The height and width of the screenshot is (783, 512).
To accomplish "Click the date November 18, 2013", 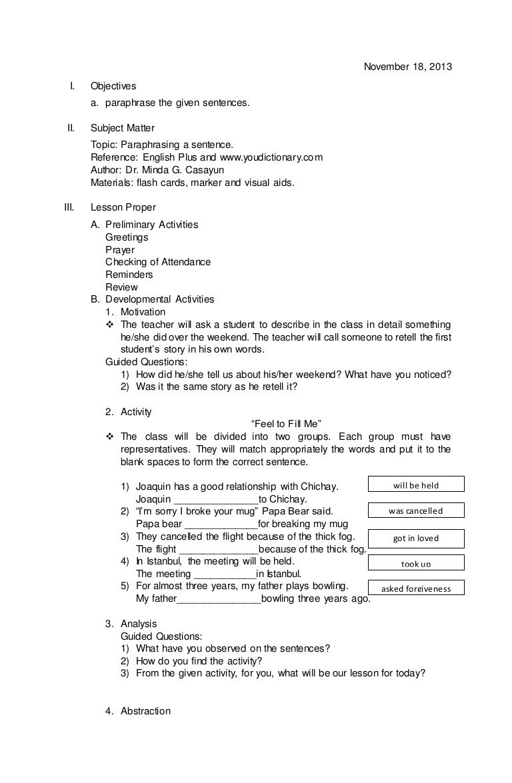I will [x=407, y=67].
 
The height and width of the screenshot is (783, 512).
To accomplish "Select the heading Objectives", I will [x=113, y=86].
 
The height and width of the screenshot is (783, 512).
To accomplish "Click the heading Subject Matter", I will [x=123, y=128].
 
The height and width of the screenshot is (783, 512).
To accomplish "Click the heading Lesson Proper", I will [x=123, y=207].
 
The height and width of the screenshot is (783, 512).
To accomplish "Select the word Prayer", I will [x=120, y=250].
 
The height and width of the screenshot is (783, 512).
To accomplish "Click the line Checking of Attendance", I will [x=158, y=262].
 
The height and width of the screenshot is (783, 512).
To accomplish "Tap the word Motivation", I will [x=143, y=312].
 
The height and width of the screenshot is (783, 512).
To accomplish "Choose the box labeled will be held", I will [x=415, y=485].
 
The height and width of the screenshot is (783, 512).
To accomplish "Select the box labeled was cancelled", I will [x=415, y=511].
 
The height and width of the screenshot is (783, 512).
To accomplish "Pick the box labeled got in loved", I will [x=415, y=538].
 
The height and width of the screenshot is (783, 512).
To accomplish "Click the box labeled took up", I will [x=415, y=564].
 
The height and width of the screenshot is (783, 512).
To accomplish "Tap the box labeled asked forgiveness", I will [x=415, y=588].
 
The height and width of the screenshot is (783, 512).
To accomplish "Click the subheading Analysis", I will [x=139, y=624].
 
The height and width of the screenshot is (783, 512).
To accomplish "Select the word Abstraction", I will [x=145, y=711].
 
